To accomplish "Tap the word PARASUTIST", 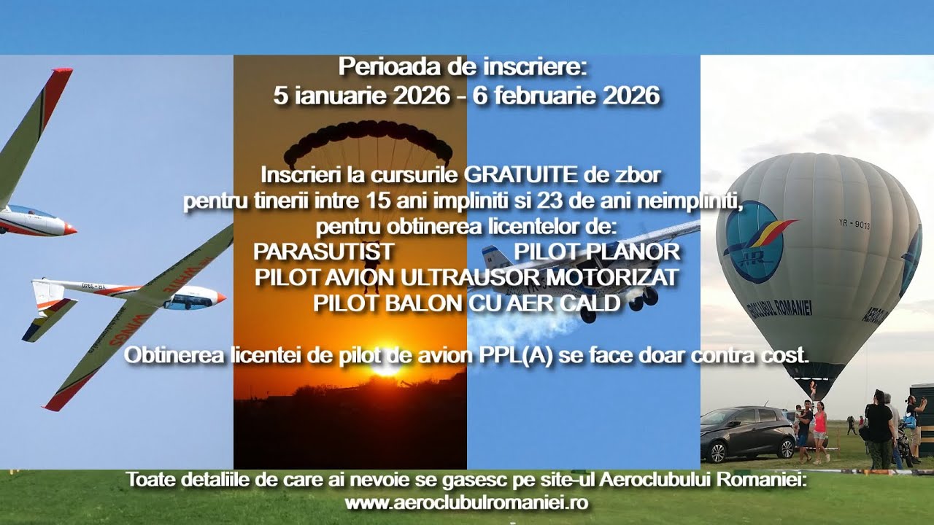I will tap(323, 252).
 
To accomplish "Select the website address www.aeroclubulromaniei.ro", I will tap(466, 503).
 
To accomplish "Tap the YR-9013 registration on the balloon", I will tap(854, 225).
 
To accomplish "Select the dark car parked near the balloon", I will tap(746, 433).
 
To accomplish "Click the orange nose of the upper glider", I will tap(70, 229).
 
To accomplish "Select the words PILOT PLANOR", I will tap(597, 252).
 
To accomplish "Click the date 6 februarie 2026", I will tap(566, 96).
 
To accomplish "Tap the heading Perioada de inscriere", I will tap(463, 68).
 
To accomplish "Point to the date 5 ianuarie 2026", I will tap(362, 96).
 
